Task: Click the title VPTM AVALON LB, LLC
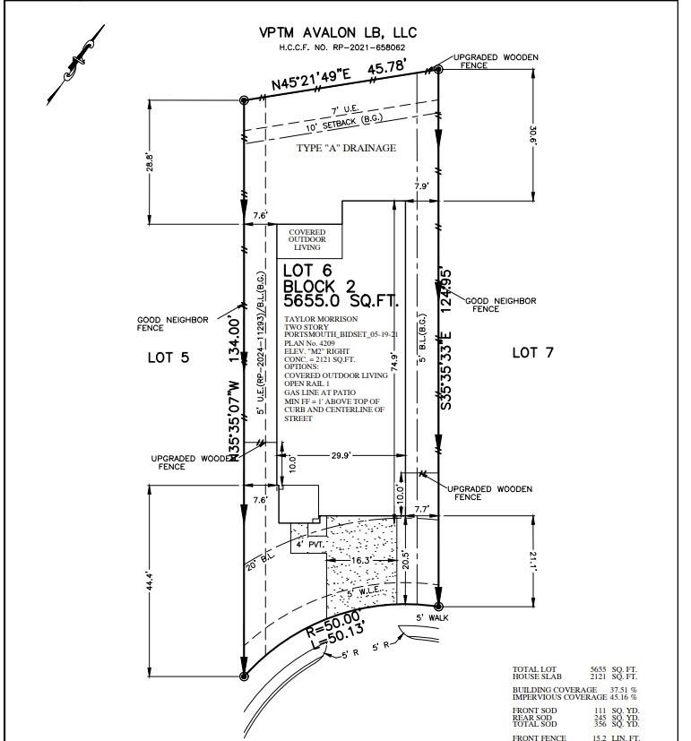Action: pos(338,32)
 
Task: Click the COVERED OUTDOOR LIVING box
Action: pos(307,240)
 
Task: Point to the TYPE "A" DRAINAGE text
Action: pos(346,148)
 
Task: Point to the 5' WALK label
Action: pos(432,617)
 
